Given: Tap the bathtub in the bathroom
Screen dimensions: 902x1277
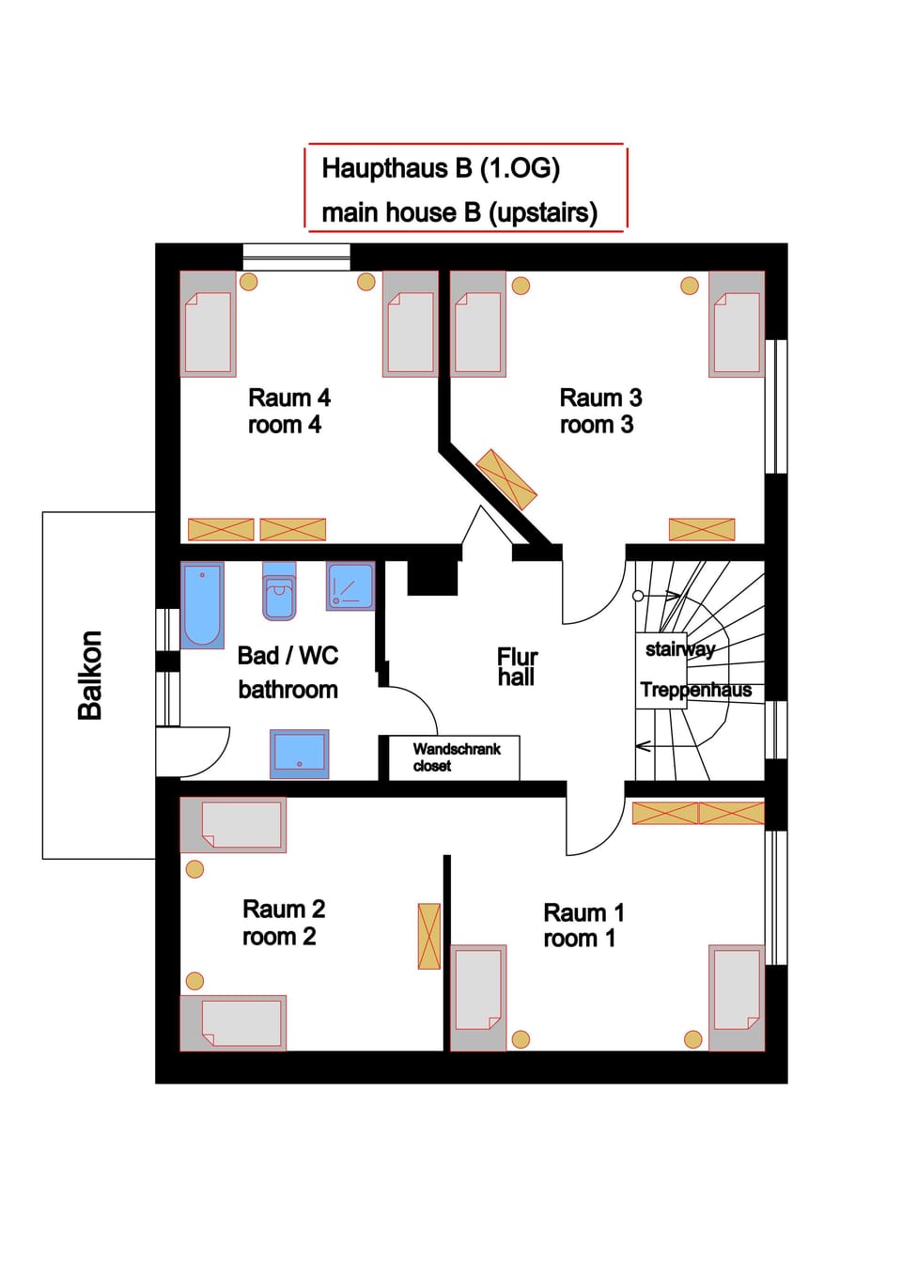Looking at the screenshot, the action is click(x=202, y=605).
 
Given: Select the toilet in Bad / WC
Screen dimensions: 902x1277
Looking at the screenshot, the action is click(x=279, y=592).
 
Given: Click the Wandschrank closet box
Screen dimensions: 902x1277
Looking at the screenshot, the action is click(x=454, y=757).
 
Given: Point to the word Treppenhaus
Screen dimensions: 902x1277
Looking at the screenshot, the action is click(x=695, y=690).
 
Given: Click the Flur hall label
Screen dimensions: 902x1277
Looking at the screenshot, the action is click(x=517, y=667).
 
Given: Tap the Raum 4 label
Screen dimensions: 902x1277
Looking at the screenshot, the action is click(x=289, y=411).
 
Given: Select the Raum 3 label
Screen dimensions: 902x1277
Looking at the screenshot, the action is click(x=600, y=411).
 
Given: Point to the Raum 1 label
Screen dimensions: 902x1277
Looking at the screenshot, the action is click(x=583, y=926).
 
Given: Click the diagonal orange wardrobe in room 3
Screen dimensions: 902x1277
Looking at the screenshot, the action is click(x=506, y=479).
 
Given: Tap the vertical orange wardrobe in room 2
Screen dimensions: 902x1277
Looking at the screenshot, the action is click(x=428, y=936).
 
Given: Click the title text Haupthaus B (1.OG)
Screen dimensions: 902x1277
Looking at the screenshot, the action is click(x=441, y=168).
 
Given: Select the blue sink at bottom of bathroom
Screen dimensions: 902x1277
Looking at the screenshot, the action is click(x=300, y=754).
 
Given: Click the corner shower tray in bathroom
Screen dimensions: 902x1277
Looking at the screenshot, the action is click(x=350, y=586).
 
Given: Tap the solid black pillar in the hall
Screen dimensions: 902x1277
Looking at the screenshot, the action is click(x=432, y=578).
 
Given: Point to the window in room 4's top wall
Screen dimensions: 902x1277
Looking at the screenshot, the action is click(x=297, y=257).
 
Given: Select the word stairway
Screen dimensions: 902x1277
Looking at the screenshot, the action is click(x=680, y=649).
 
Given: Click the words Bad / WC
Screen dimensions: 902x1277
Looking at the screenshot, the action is click(x=288, y=656).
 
